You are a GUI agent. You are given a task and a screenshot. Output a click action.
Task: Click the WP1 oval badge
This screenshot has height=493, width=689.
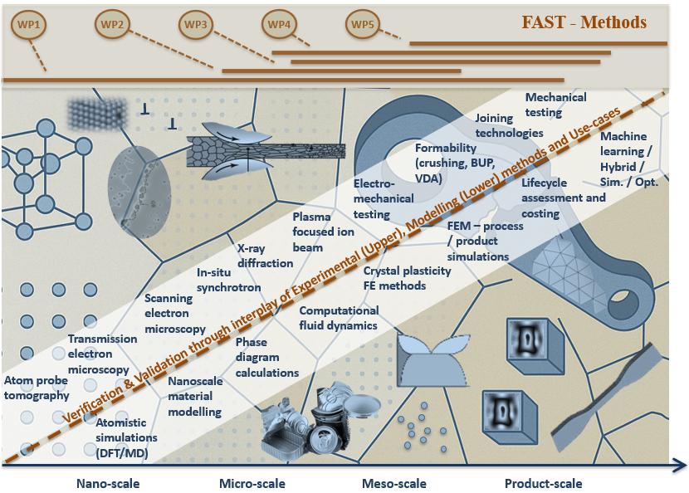click(29, 25)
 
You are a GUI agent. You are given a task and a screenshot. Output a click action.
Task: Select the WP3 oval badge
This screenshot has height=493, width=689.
click(196, 25)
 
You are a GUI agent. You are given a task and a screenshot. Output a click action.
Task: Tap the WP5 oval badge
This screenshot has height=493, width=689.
click(363, 25)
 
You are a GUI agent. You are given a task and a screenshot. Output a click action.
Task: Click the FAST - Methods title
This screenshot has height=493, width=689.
click(584, 22)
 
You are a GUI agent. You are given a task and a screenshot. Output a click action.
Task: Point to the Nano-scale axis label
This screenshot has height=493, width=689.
click(108, 484)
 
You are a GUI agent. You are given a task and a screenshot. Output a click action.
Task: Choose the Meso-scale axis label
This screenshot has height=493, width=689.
click(394, 484)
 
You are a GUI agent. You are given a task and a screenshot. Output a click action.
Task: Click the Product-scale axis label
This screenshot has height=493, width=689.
click(544, 484)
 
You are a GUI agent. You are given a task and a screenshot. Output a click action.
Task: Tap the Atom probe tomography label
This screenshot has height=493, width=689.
click(37, 388)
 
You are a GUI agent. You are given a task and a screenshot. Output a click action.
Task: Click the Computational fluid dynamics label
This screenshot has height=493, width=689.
click(339, 318)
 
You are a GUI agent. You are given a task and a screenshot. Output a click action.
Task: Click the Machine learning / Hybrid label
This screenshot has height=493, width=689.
click(629, 159)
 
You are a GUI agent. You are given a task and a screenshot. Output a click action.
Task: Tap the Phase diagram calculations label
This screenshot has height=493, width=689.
click(266, 358)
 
